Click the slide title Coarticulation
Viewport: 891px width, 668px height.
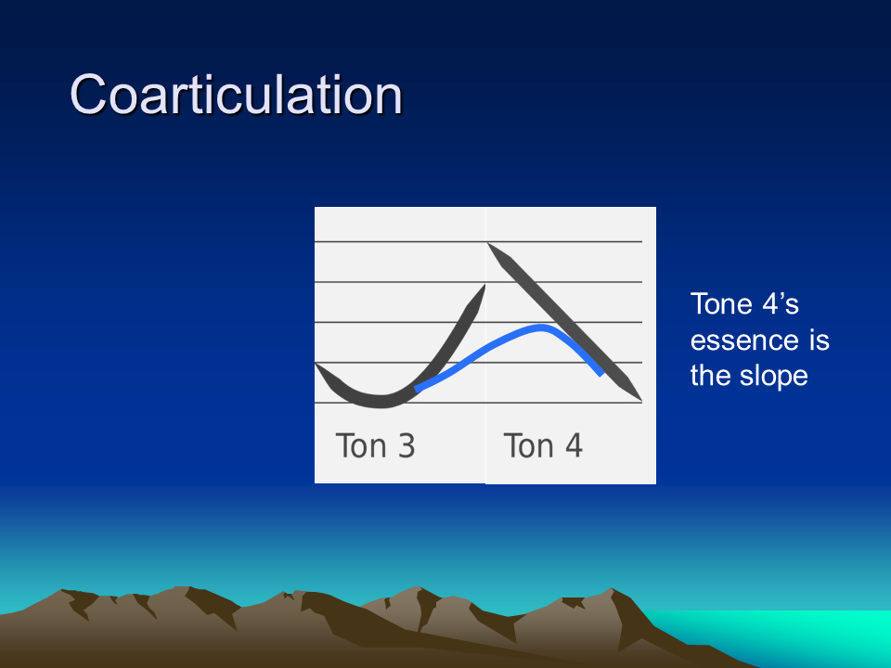236,95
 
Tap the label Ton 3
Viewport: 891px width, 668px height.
375,445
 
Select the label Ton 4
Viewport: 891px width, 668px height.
543,445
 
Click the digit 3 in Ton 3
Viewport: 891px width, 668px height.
407,445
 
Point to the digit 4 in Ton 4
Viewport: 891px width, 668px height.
574,445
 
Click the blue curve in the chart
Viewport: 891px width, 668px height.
500,340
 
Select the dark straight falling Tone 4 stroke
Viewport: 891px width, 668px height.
565,323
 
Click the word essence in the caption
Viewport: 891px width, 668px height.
736,340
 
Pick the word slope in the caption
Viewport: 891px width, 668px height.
773,376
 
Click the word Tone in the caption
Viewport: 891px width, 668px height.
722,304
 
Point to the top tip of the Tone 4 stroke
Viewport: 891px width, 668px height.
489,244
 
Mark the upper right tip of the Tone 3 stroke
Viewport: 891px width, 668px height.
484,286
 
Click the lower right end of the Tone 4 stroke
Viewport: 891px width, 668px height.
641,401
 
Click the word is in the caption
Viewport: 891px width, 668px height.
820,340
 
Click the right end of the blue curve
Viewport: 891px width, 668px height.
601,374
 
